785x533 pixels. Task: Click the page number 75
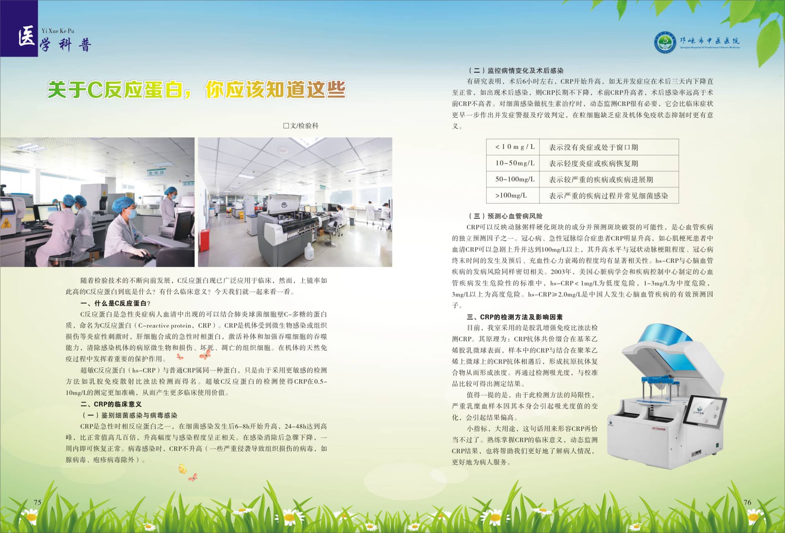tap(38, 502)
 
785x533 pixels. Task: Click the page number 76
tap(747, 502)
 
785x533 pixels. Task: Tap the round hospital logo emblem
tap(665, 42)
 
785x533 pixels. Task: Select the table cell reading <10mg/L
tap(513, 147)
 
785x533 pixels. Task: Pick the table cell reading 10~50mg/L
tap(513, 163)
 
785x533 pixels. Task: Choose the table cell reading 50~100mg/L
tap(513, 179)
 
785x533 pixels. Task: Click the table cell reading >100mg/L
tap(513, 195)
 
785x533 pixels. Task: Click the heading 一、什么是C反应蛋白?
tap(115, 303)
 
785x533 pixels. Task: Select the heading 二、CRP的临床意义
tap(111, 404)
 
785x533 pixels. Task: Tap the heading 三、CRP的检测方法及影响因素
tap(515, 317)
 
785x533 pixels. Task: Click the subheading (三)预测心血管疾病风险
tap(506, 216)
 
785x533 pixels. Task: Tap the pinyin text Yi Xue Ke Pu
tap(58, 31)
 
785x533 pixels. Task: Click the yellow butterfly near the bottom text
tap(182, 469)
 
